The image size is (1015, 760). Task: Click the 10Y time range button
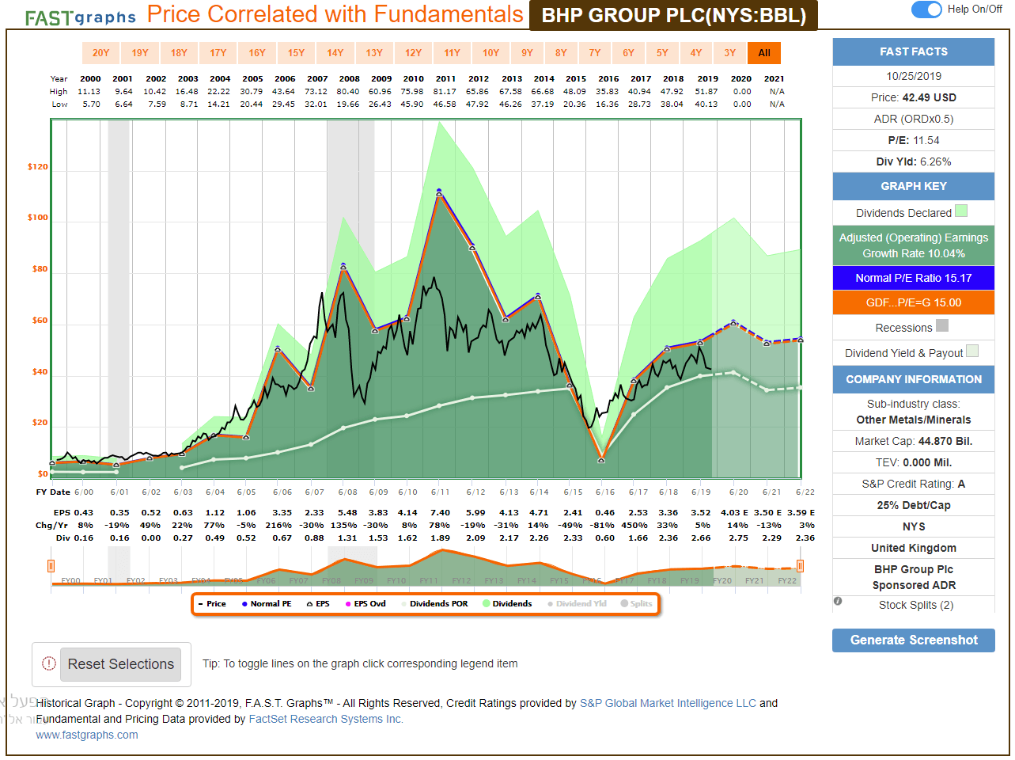tap(490, 53)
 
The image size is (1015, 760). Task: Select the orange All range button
tap(763, 53)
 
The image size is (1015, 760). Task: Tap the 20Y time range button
tap(100, 53)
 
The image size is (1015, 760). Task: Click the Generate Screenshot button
tap(913, 640)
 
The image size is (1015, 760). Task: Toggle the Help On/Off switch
tap(926, 9)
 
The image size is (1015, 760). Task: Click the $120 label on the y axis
tap(38, 167)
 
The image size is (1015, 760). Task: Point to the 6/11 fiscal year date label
tap(440, 492)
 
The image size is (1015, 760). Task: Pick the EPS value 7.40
tap(441, 512)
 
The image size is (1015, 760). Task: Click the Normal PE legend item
tap(267, 604)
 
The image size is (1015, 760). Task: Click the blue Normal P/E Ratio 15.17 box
tap(913, 278)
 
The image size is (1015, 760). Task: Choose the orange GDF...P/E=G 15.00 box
tap(913, 302)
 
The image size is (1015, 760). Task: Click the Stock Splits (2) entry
tap(915, 605)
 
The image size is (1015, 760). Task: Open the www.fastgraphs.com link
tap(87, 735)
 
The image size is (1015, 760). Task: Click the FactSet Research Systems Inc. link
tap(326, 719)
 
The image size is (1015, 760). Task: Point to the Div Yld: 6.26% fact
tap(913, 161)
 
